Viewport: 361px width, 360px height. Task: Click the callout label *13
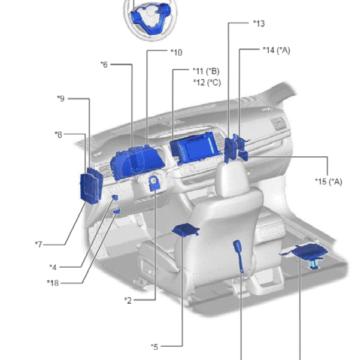(259, 23)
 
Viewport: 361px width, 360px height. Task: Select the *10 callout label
(177, 53)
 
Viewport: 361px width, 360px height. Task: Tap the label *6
(104, 65)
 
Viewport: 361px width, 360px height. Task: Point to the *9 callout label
(61, 99)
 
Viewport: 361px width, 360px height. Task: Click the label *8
(59, 135)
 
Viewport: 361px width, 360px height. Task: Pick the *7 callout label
(39, 244)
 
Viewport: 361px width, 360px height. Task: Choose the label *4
(53, 267)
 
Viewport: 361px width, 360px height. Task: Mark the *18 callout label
(53, 283)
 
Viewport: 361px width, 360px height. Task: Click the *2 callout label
(128, 300)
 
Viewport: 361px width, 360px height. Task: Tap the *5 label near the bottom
(154, 347)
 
